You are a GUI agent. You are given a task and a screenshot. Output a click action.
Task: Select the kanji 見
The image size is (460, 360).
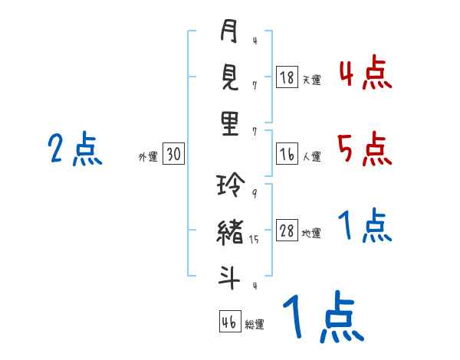229,78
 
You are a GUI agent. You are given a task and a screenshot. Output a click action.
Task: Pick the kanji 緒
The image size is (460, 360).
229,232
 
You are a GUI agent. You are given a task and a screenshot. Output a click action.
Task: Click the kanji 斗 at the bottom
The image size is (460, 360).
229,277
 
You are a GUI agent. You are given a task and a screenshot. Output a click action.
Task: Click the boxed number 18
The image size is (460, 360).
287,77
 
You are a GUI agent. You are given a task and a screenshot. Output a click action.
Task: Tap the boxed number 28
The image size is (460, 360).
287,232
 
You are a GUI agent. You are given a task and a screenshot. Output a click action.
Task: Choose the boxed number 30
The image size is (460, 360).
173,155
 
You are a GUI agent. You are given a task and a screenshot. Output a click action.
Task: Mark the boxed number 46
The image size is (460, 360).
229,322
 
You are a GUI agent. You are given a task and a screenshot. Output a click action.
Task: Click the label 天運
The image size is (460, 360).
311,80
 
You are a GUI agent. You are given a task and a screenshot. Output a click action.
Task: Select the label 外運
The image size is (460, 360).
147,157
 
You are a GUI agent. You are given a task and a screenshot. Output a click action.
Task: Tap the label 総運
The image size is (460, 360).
255,324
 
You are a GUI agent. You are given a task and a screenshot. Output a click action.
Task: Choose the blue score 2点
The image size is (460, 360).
74,149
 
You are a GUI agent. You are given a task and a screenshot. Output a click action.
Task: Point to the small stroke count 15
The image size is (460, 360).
255,240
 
